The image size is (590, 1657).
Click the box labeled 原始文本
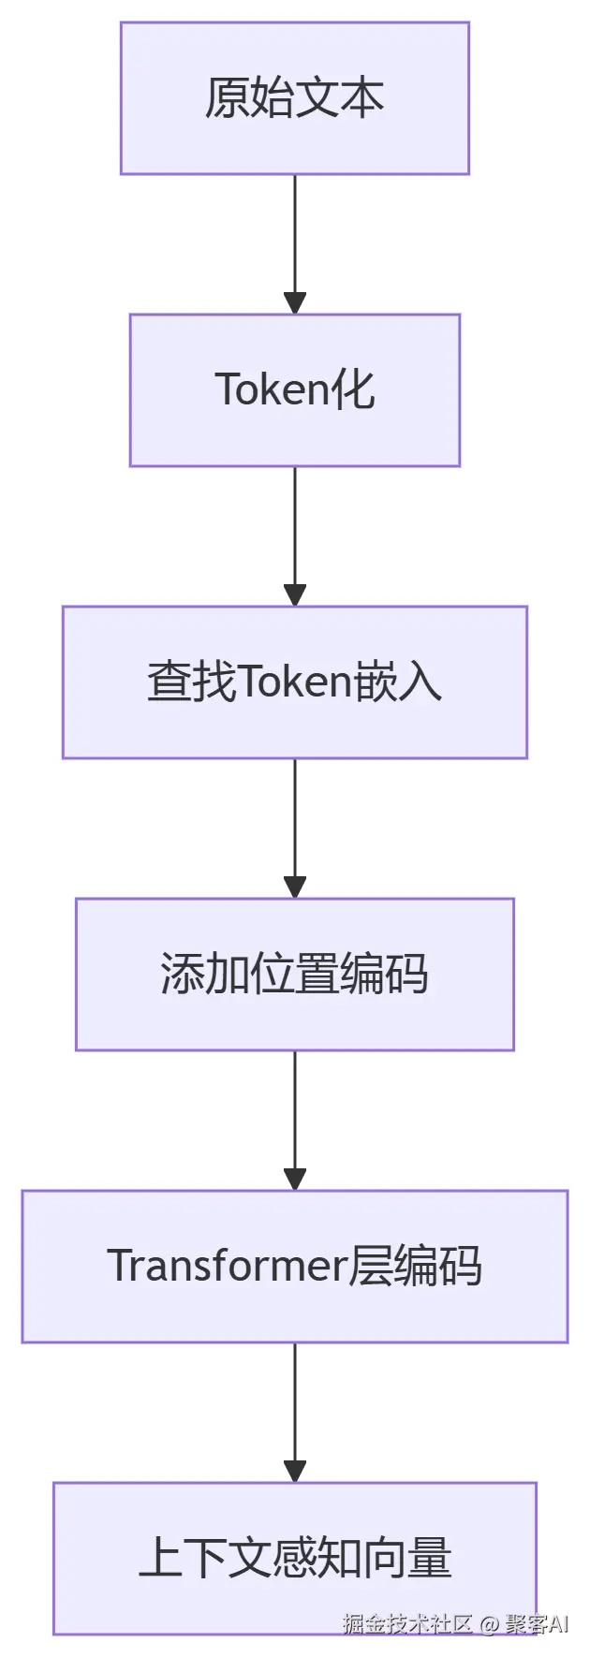pyautogui.click(x=294, y=98)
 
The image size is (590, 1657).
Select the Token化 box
pyautogui.click(x=294, y=390)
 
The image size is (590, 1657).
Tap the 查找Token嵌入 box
pyautogui.click(x=294, y=682)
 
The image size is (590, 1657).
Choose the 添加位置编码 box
pyautogui.click(x=294, y=975)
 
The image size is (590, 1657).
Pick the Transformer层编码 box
pyautogui.click(x=294, y=1267)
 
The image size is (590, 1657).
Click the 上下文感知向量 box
pyautogui.click(x=294, y=1559)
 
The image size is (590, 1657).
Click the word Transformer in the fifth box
pyautogui.click(x=227, y=1267)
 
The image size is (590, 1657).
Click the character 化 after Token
pyautogui.click(x=354, y=389)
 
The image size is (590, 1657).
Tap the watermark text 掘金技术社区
pyautogui.click(x=407, y=1623)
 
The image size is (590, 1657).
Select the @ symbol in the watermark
pyautogui.click(x=489, y=1624)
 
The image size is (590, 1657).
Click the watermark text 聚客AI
pyautogui.click(x=537, y=1623)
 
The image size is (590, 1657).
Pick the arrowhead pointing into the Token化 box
pyautogui.click(x=295, y=303)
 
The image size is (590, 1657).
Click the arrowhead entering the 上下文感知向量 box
pyautogui.click(x=295, y=1472)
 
